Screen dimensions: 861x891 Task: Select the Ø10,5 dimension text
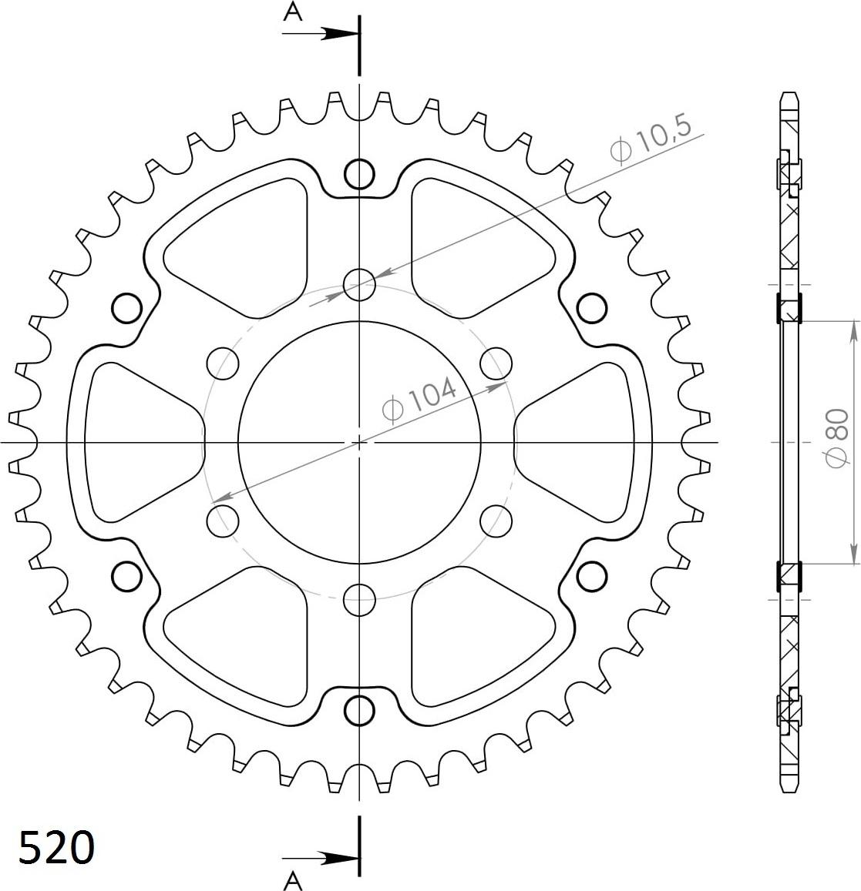coord(651,140)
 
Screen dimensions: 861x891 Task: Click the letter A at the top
coord(292,12)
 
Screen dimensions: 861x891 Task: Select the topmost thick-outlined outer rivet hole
coord(359,173)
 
